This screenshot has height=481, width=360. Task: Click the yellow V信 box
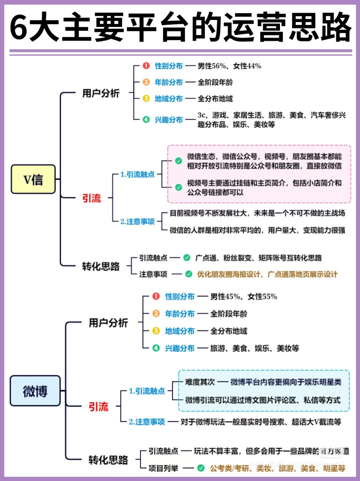click(33, 179)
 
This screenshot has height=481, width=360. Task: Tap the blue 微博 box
click(35, 391)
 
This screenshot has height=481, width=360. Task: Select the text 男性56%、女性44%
click(229, 66)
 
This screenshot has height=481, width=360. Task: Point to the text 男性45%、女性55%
click(244, 296)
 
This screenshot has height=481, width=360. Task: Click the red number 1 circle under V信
click(146, 66)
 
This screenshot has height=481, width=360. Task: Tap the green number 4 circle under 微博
click(156, 348)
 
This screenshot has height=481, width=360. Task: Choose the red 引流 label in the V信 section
click(91, 198)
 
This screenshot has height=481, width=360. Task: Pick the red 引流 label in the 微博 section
click(98, 406)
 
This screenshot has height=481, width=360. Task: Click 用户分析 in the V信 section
click(101, 93)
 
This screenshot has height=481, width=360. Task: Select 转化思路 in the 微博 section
click(108, 460)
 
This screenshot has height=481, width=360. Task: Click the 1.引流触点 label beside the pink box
click(137, 174)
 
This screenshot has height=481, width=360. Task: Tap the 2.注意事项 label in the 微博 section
click(147, 422)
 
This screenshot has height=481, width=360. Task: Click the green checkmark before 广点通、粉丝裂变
click(187, 257)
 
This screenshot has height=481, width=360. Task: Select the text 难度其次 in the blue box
click(200, 382)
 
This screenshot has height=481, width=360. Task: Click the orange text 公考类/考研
click(230, 468)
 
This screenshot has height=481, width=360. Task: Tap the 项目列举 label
click(163, 468)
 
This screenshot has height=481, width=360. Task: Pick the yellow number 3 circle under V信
click(146, 98)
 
